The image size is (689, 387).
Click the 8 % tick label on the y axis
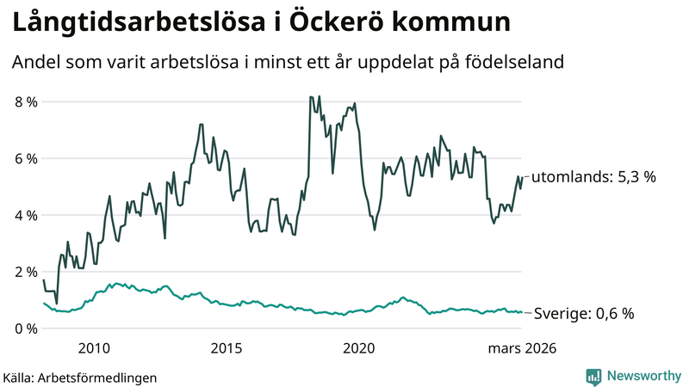click(x=25, y=101)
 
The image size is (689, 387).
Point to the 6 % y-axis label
click(x=25, y=158)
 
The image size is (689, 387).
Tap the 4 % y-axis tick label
click(x=25, y=215)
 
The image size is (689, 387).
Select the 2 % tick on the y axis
click(x=25, y=272)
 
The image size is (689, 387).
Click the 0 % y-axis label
click(x=25, y=329)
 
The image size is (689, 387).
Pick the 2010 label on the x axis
click(x=94, y=348)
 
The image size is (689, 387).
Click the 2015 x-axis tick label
click(x=227, y=348)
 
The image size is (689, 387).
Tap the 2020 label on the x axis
click(x=359, y=348)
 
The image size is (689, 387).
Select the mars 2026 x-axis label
click(x=522, y=348)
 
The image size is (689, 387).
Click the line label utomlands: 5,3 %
click(x=593, y=177)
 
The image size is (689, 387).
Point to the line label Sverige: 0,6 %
click(x=584, y=314)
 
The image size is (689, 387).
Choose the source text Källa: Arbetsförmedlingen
click(x=80, y=377)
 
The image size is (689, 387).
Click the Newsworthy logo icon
click(x=593, y=376)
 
